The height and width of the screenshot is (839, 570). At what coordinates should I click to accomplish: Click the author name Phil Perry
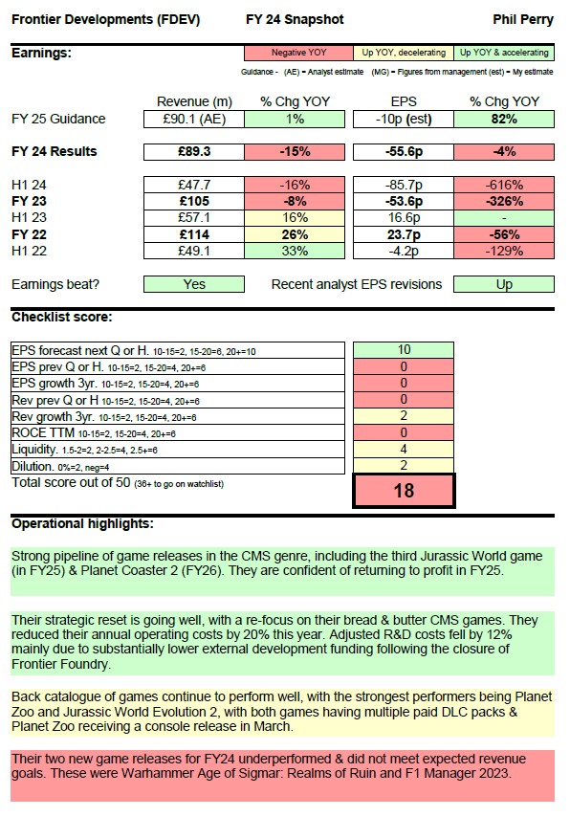(525, 19)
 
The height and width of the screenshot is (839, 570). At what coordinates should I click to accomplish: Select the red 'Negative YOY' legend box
(298, 53)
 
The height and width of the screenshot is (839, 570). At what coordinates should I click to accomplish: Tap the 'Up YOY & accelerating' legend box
(504, 53)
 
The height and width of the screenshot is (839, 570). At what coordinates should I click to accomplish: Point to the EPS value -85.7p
(404, 185)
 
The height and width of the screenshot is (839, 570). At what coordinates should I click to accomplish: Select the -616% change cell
(504, 185)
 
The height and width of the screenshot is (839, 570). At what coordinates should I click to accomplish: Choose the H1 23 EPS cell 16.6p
(404, 218)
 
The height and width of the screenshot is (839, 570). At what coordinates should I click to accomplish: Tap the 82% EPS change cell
(504, 120)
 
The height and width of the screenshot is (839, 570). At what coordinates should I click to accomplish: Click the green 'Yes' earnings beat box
(194, 284)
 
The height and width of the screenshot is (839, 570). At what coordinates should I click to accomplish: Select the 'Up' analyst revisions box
(504, 284)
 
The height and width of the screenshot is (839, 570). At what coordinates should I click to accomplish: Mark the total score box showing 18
(404, 490)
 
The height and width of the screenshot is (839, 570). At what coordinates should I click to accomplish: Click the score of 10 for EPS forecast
(404, 350)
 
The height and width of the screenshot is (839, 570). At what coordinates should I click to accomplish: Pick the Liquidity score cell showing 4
(404, 449)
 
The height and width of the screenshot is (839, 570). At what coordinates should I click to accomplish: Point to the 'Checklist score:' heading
(61, 317)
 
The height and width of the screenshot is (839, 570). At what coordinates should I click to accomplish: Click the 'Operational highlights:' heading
(81, 523)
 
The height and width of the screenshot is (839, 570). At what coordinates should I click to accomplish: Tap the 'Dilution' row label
(33, 466)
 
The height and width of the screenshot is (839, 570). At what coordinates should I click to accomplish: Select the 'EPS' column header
(404, 101)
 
